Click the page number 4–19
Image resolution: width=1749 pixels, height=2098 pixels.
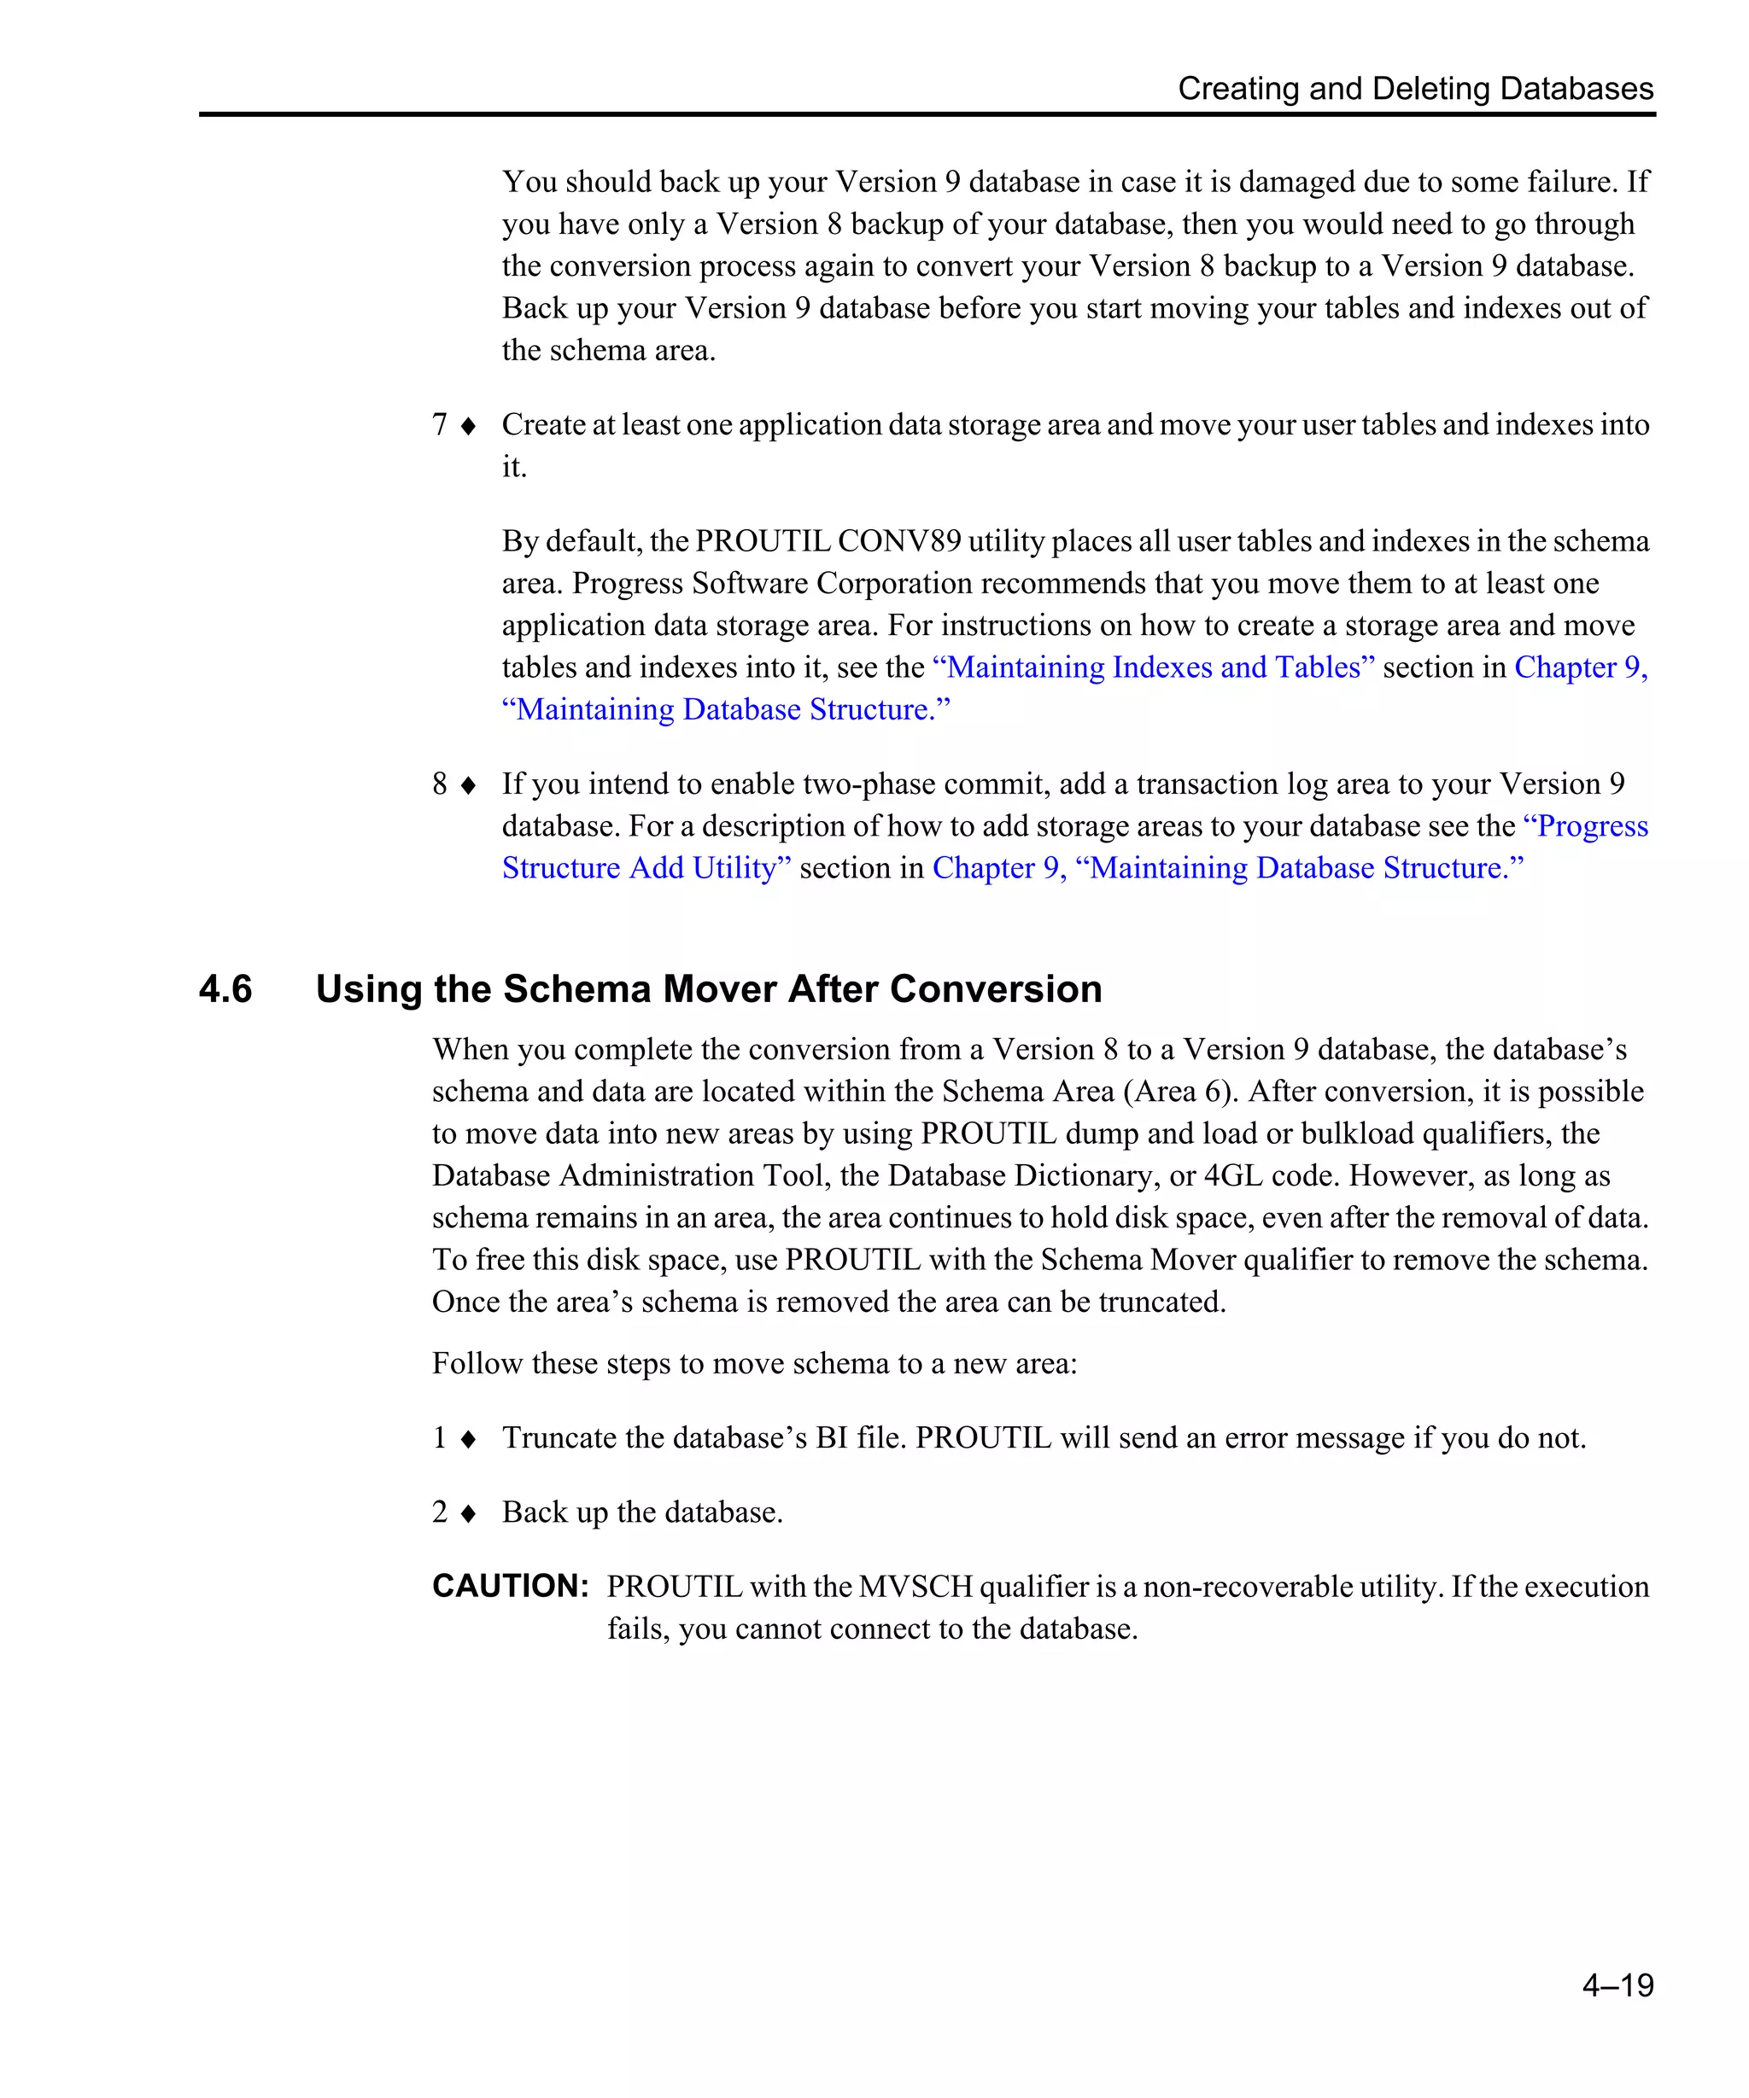tap(1617, 1984)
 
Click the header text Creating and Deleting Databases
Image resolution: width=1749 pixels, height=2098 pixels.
tap(1414, 88)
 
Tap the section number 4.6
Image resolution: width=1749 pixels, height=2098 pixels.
tap(225, 989)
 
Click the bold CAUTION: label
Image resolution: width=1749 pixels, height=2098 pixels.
tap(510, 1586)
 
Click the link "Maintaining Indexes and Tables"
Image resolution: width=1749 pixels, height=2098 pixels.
tap(1152, 667)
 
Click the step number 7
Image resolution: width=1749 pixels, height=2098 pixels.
tap(439, 424)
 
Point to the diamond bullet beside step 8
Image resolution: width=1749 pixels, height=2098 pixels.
tap(468, 785)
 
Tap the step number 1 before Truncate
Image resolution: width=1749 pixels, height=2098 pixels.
tap(439, 1437)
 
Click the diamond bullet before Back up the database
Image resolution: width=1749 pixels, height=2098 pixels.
tap(468, 1513)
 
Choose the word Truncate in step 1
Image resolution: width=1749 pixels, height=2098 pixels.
tap(559, 1437)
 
